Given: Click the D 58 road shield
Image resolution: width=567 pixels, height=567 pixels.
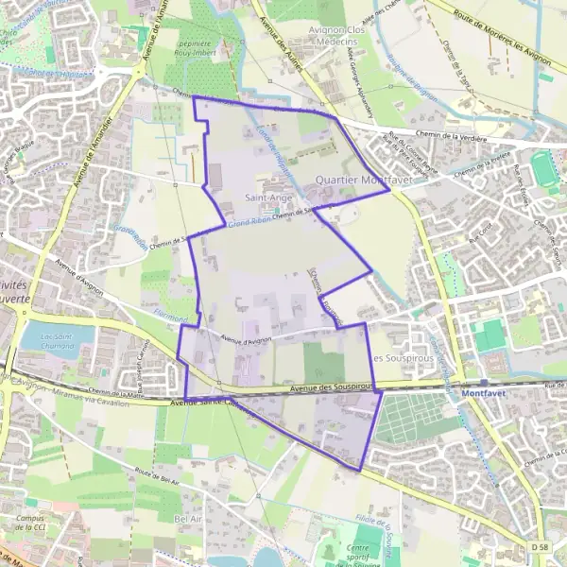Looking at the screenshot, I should tap(539, 547).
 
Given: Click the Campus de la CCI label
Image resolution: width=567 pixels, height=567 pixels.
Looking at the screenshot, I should tap(38, 524).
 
